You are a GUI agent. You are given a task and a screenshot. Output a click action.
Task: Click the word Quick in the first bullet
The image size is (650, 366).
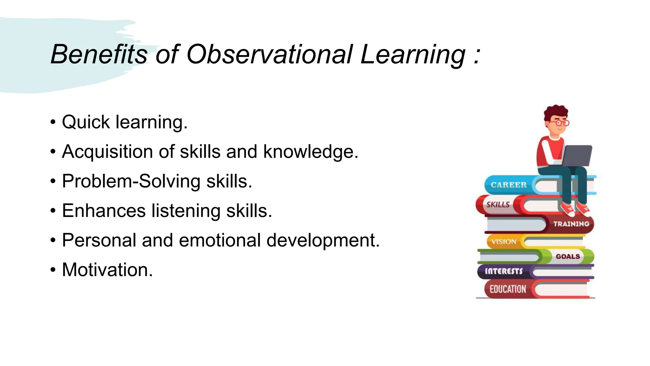pos(86,122)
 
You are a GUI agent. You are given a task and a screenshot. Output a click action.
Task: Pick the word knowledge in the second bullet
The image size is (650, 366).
pos(310,152)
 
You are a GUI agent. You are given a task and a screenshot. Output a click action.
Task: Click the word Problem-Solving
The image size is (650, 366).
pos(131,181)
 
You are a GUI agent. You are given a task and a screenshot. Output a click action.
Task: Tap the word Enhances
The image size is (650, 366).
pos(104,211)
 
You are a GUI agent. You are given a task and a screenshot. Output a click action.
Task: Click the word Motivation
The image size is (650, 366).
pos(107,270)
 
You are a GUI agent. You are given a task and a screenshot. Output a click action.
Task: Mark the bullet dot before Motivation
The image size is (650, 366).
pos(53,270)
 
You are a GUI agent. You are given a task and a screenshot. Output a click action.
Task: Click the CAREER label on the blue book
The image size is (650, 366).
pos(508,185)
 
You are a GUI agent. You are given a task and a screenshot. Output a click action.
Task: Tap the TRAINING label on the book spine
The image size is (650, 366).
pos(571,224)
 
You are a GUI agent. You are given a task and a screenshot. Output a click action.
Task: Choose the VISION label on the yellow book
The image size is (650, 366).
pos(503,242)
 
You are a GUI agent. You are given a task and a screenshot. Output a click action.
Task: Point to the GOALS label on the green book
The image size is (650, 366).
pos(568,256)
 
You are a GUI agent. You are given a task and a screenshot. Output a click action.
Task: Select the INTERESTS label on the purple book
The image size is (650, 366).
pos(503,271)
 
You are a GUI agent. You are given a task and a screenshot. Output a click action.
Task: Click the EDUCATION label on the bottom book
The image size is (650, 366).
pos(507,289)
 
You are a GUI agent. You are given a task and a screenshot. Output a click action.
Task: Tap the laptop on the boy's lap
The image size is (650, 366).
pos(577,155)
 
